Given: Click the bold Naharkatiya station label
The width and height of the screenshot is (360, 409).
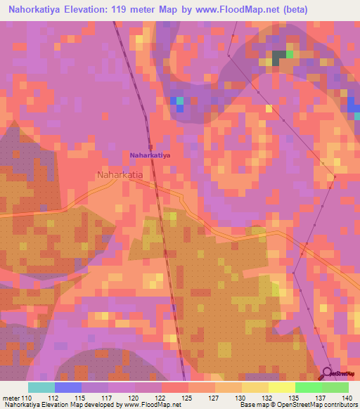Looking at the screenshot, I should [x=150, y=154].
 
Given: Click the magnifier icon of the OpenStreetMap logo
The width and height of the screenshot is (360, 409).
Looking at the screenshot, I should [x=329, y=372].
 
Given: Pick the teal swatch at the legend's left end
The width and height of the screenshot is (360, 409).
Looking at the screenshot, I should [x=41, y=387].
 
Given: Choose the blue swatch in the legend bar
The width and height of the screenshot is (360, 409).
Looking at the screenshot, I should [x=68, y=387].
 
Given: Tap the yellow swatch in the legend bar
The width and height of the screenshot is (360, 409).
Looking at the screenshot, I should [x=281, y=387].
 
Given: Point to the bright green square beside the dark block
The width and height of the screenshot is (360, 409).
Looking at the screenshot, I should [x=289, y=53].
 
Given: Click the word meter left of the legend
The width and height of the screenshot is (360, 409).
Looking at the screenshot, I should [x=11, y=398].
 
